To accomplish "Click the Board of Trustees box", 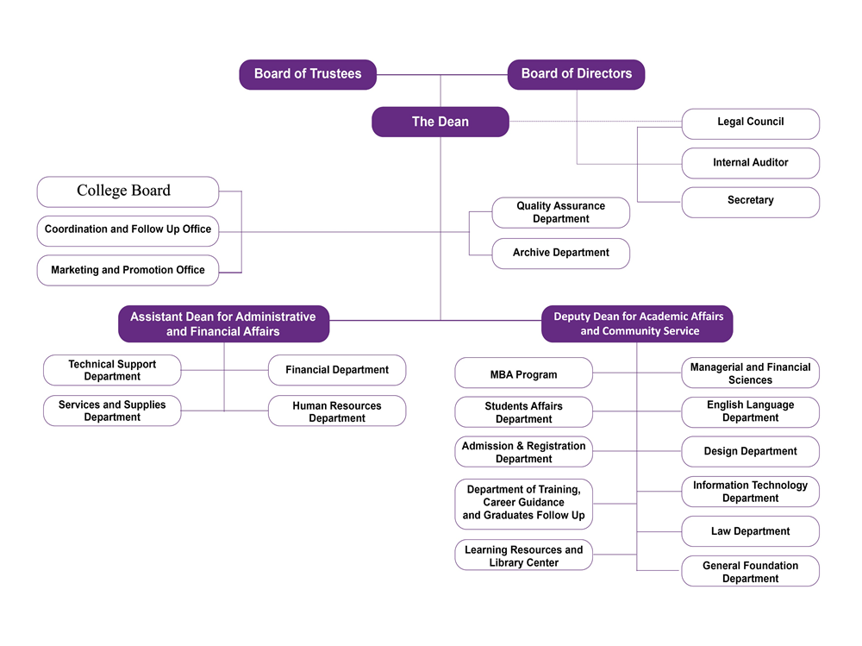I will pyautogui.click(x=307, y=74).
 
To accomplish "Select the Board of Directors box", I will pyautogui.click(x=576, y=74).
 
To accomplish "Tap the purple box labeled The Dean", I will pyautogui.click(x=440, y=122).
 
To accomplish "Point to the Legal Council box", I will pyautogui.click(x=750, y=122).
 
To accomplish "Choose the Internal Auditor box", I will pyautogui.click(x=750, y=162).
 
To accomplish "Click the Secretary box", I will pyautogui.click(x=750, y=201).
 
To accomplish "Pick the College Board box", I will pyautogui.click(x=128, y=191).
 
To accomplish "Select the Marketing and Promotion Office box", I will pyautogui.click(x=128, y=270).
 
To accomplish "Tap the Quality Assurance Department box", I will pyautogui.click(x=560, y=212).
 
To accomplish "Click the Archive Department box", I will pyautogui.click(x=560, y=253).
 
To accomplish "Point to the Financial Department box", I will pyautogui.click(x=337, y=370).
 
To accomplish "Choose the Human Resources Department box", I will pyautogui.click(x=337, y=411).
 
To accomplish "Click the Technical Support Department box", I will pyautogui.click(x=112, y=370).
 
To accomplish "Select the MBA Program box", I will pyautogui.click(x=523, y=374).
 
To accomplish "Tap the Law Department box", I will pyautogui.click(x=750, y=531).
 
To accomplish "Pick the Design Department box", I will pyautogui.click(x=750, y=451).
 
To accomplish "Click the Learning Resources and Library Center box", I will pyautogui.click(x=523, y=556).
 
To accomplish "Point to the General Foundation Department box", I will pyautogui.click(x=750, y=572).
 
